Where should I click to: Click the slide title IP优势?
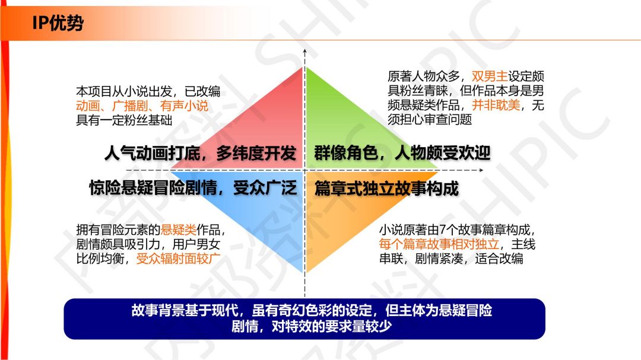tap(58, 23)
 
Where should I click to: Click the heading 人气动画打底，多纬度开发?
tap(200, 153)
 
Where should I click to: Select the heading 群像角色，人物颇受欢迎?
tap(402, 153)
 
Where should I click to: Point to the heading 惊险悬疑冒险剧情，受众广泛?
tap(192, 189)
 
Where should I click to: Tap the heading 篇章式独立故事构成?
tap(386, 189)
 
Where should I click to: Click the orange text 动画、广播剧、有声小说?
tap(142, 106)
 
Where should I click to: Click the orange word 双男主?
tap(489, 77)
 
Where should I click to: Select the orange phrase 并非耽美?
tap(496, 105)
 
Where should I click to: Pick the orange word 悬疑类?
tap(178, 230)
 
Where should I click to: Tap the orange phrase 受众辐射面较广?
tap(178, 258)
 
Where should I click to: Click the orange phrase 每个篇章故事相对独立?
tap(439, 244)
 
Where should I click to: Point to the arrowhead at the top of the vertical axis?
tap(304, 52)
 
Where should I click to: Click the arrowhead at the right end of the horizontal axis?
tap(481, 170)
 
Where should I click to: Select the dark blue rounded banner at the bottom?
tap(304, 318)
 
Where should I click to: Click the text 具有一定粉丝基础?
tap(124, 120)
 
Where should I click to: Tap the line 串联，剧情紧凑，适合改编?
tap(451, 259)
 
